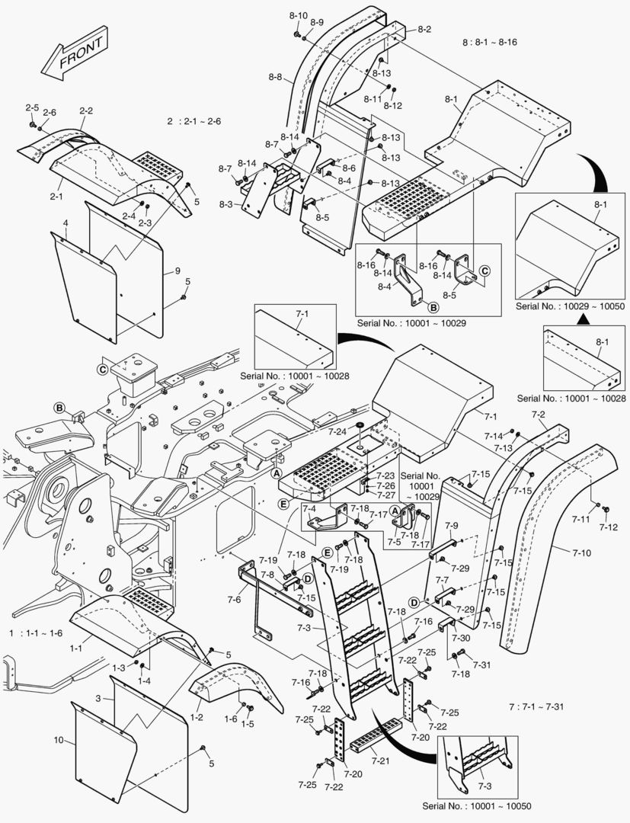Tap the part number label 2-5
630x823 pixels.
(32, 107)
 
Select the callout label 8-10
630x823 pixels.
(299, 15)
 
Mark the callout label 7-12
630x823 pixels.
(609, 527)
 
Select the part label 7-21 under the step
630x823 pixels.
(382, 761)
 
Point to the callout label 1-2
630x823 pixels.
(196, 717)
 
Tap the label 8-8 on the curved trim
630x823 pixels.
(275, 77)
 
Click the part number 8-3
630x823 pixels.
(225, 204)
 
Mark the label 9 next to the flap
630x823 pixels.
(177, 271)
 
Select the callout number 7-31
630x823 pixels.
(481, 665)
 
